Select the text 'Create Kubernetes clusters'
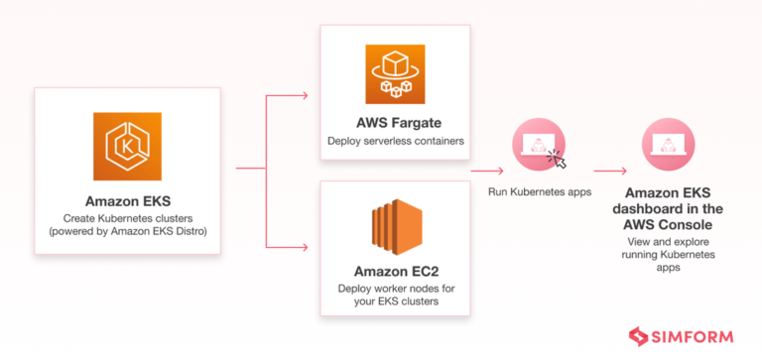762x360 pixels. pos(127,217)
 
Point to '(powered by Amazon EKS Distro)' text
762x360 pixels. pos(127,232)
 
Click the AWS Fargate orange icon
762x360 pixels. pos(394,72)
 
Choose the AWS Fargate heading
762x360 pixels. pos(394,123)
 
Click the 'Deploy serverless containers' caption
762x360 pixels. pos(394,141)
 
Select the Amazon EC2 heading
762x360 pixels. pos(394,271)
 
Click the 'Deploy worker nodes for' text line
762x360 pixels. pos(394,289)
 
